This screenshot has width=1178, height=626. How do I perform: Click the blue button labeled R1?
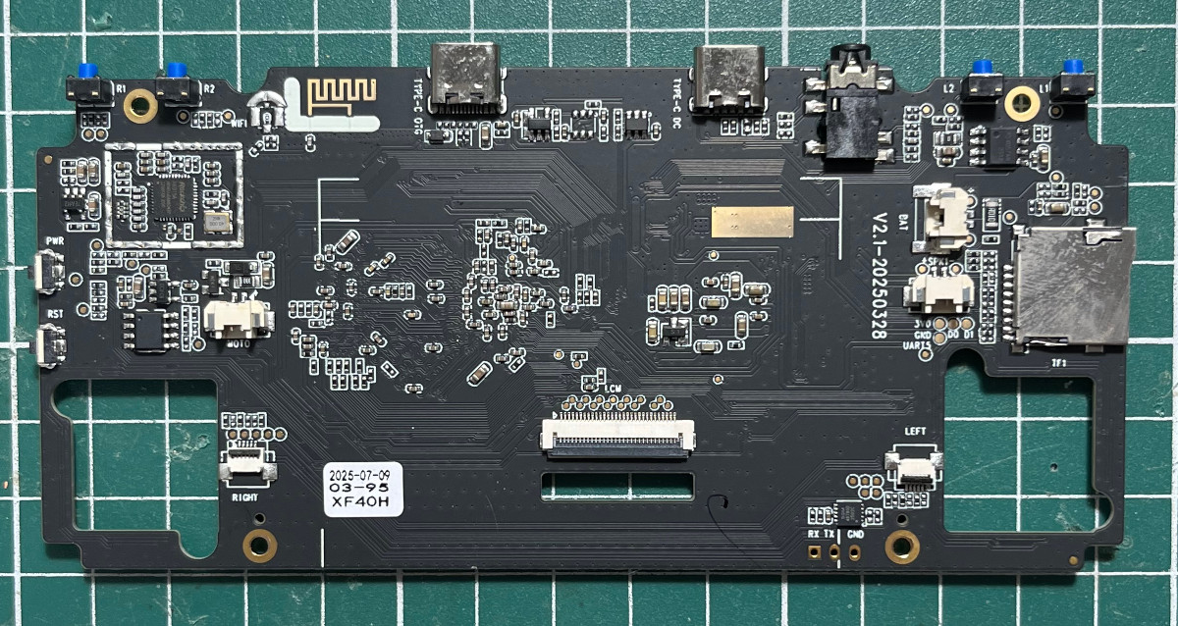88,72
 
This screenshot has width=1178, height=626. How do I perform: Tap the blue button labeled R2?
177,72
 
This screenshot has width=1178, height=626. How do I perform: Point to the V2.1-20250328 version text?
880,275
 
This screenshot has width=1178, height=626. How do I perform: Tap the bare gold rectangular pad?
752,222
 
